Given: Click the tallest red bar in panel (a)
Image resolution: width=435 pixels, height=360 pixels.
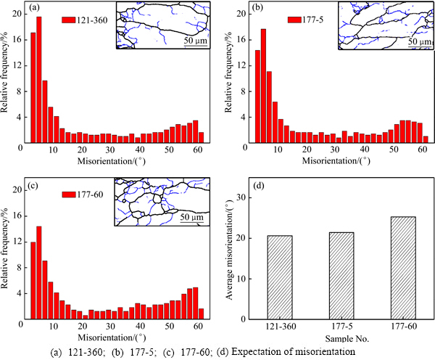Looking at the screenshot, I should tap(39, 80).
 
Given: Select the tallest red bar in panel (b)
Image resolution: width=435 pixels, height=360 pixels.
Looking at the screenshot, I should tap(263, 86).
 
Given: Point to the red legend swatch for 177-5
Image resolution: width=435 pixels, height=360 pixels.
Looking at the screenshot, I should tap(296, 20).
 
